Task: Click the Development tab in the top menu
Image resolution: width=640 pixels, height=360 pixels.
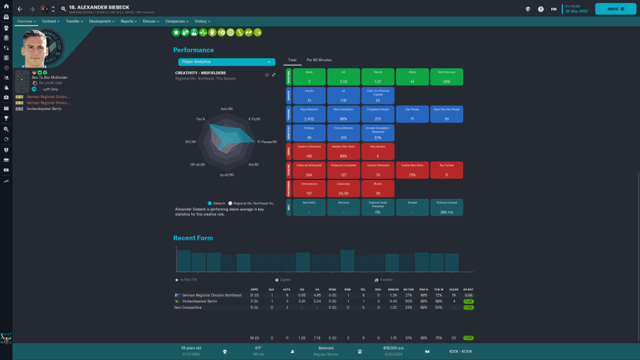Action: pyautogui.click(x=102, y=21)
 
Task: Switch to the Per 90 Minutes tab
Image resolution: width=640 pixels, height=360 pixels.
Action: pyautogui.click(x=319, y=60)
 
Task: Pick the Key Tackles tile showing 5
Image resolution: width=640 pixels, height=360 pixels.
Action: pyautogui.click(x=446, y=170)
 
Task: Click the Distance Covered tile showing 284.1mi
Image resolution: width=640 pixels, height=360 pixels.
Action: pyautogui.click(x=446, y=207)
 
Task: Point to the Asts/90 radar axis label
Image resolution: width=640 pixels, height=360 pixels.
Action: pyautogui.click(x=227, y=109)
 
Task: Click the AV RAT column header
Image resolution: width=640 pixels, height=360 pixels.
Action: pyautogui.click(x=467, y=290)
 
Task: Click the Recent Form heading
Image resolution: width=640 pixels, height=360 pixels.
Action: pyautogui.click(x=193, y=237)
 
